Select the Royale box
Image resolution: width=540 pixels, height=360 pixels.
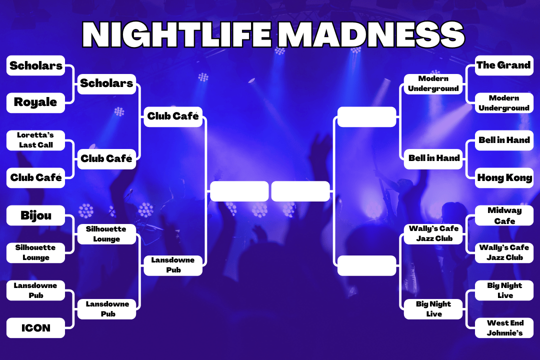[x=36, y=102]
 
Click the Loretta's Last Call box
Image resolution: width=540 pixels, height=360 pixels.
[x=36, y=140]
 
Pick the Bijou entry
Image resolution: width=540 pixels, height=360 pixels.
[x=36, y=215]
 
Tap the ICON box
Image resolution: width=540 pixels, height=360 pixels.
[x=36, y=328]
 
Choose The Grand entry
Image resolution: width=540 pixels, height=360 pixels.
[x=504, y=65]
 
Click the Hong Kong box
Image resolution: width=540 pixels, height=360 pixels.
[x=504, y=178]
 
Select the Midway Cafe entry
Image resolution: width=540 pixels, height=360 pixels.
[x=504, y=215]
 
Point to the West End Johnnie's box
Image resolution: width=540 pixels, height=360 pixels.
[x=504, y=328]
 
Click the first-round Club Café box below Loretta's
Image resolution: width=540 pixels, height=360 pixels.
[x=36, y=178]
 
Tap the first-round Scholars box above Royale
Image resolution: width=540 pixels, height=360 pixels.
[x=36, y=65]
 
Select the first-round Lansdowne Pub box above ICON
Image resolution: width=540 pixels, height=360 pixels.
[x=36, y=290]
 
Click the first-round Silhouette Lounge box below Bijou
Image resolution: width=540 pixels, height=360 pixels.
[x=36, y=253]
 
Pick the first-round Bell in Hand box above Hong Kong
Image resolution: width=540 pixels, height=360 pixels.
[x=504, y=140]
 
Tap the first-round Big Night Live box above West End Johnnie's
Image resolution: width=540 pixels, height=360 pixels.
[x=504, y=290]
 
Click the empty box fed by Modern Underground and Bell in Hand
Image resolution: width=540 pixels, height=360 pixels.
[x=367, y=117]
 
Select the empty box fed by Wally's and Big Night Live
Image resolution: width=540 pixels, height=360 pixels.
[x=367, y=265]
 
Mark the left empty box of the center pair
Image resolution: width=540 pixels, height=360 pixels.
[x=239, y=191]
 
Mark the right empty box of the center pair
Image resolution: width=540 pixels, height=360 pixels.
[x=300, y=191]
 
